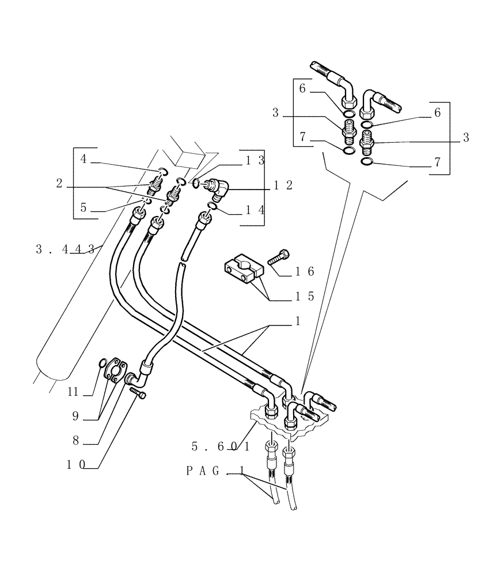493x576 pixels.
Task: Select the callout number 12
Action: click(283, 185)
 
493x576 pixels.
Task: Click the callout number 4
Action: click(84, 159)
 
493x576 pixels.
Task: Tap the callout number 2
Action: click(59, 184)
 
